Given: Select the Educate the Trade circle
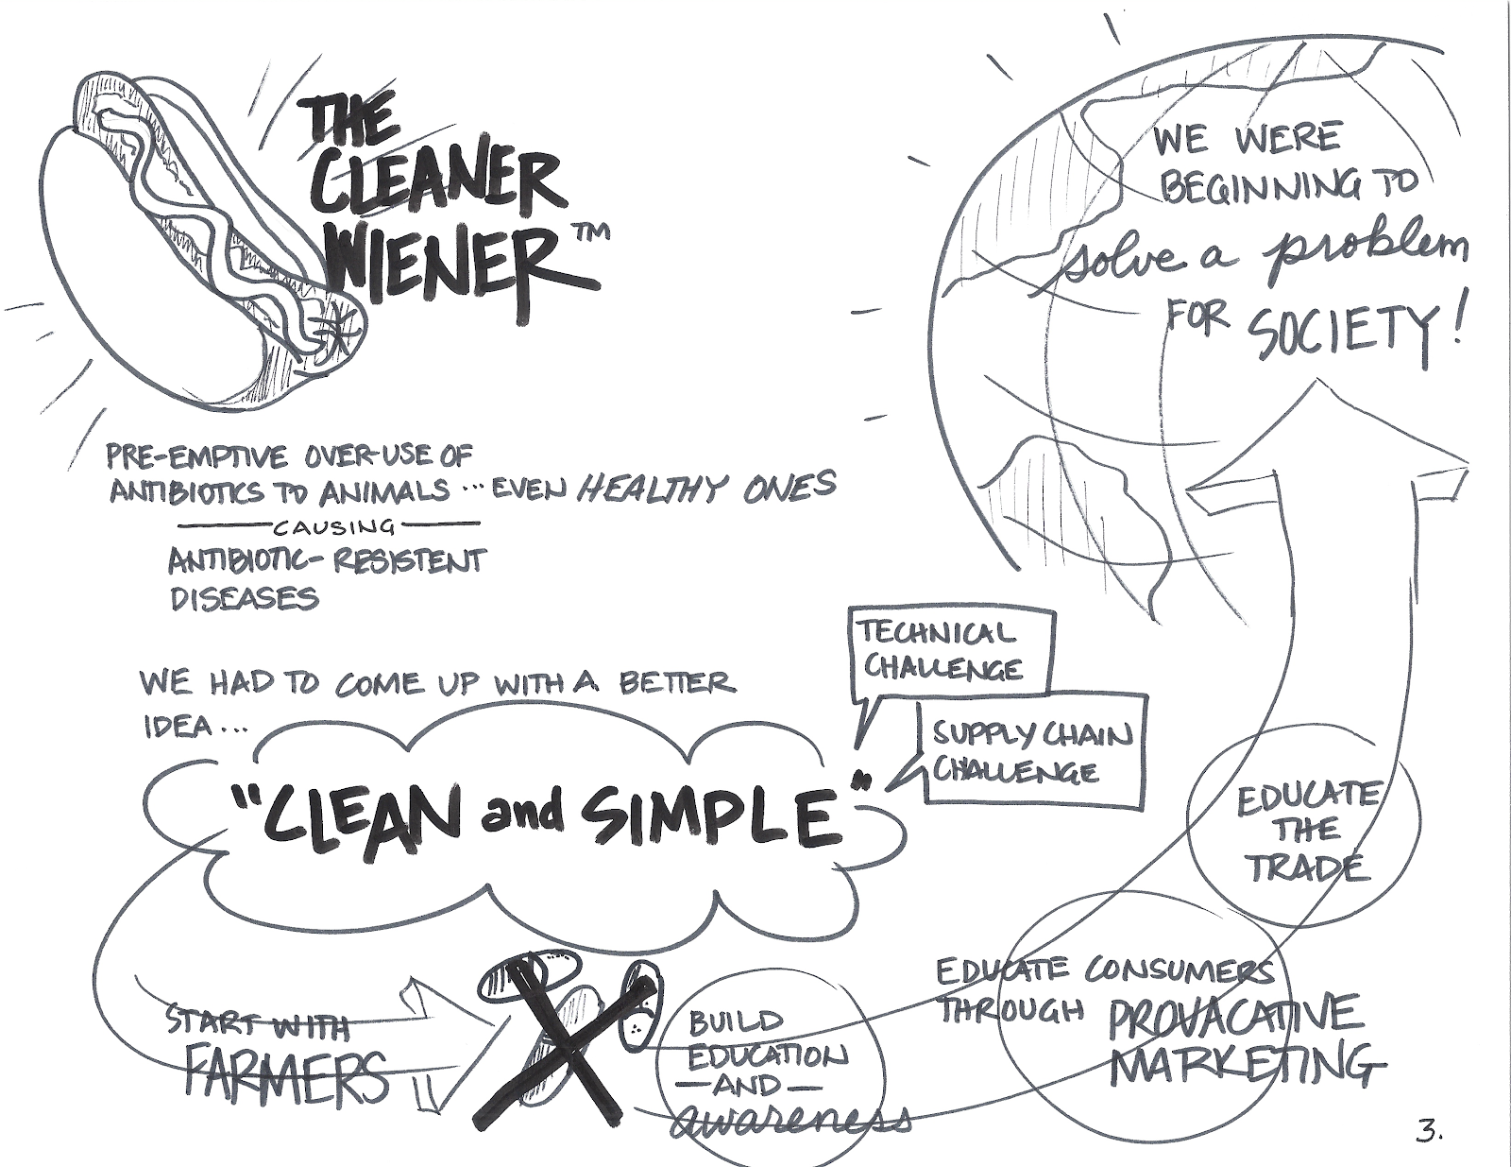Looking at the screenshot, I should (1304, 830).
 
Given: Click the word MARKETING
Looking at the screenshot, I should (1242, 1062).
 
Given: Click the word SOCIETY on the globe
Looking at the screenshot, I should (1335, 333).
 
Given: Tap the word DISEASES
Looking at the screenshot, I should (245, 597).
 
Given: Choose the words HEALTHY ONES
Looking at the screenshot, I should (705, 487).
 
